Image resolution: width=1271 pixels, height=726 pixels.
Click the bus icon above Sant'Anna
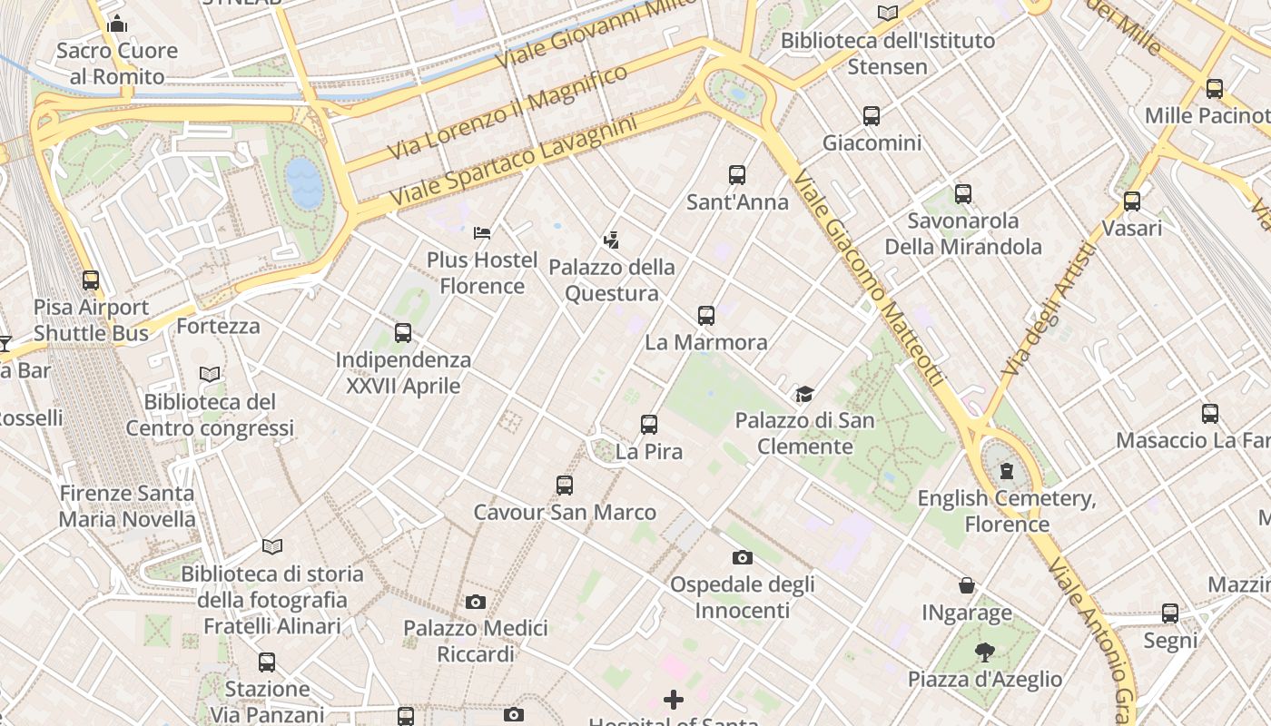(x=736, y=174)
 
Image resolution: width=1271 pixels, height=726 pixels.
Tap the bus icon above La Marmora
(x=706, y=316)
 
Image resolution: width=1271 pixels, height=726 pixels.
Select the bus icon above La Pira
(x=648, y=424)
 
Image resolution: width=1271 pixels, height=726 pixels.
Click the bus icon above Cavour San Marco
(x=565, y=486)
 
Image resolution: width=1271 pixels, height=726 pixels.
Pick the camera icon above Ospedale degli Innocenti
(x=743, y=557)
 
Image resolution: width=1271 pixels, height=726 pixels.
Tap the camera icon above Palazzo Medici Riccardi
(x=475, y=602)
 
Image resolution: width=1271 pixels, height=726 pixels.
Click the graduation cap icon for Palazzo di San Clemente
(x=804, y=394)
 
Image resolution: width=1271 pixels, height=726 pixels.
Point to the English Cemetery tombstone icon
(x=1006, y=471)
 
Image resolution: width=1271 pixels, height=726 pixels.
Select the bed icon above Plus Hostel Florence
(x=482, y=233)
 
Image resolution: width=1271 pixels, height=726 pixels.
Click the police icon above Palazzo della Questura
(x=612, y=240)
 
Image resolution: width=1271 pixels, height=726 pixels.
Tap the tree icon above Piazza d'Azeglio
(x=984, y=652)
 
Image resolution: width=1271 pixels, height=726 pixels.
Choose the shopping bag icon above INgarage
(x=967, y=586)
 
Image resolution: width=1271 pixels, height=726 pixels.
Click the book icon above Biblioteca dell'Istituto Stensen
(x=887, y=13)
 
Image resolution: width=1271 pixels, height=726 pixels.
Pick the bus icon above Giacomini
(x=872, y=116)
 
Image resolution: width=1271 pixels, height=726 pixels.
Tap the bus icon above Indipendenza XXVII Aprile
(x=403, y=333)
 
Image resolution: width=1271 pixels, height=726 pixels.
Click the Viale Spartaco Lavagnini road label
(x=513, y=160)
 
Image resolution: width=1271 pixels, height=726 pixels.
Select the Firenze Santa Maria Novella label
(x=127, y=506)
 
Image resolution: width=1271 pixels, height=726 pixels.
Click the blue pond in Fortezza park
(x=304, y=182)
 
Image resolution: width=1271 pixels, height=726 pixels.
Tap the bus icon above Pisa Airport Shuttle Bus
(x=91, y=280)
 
